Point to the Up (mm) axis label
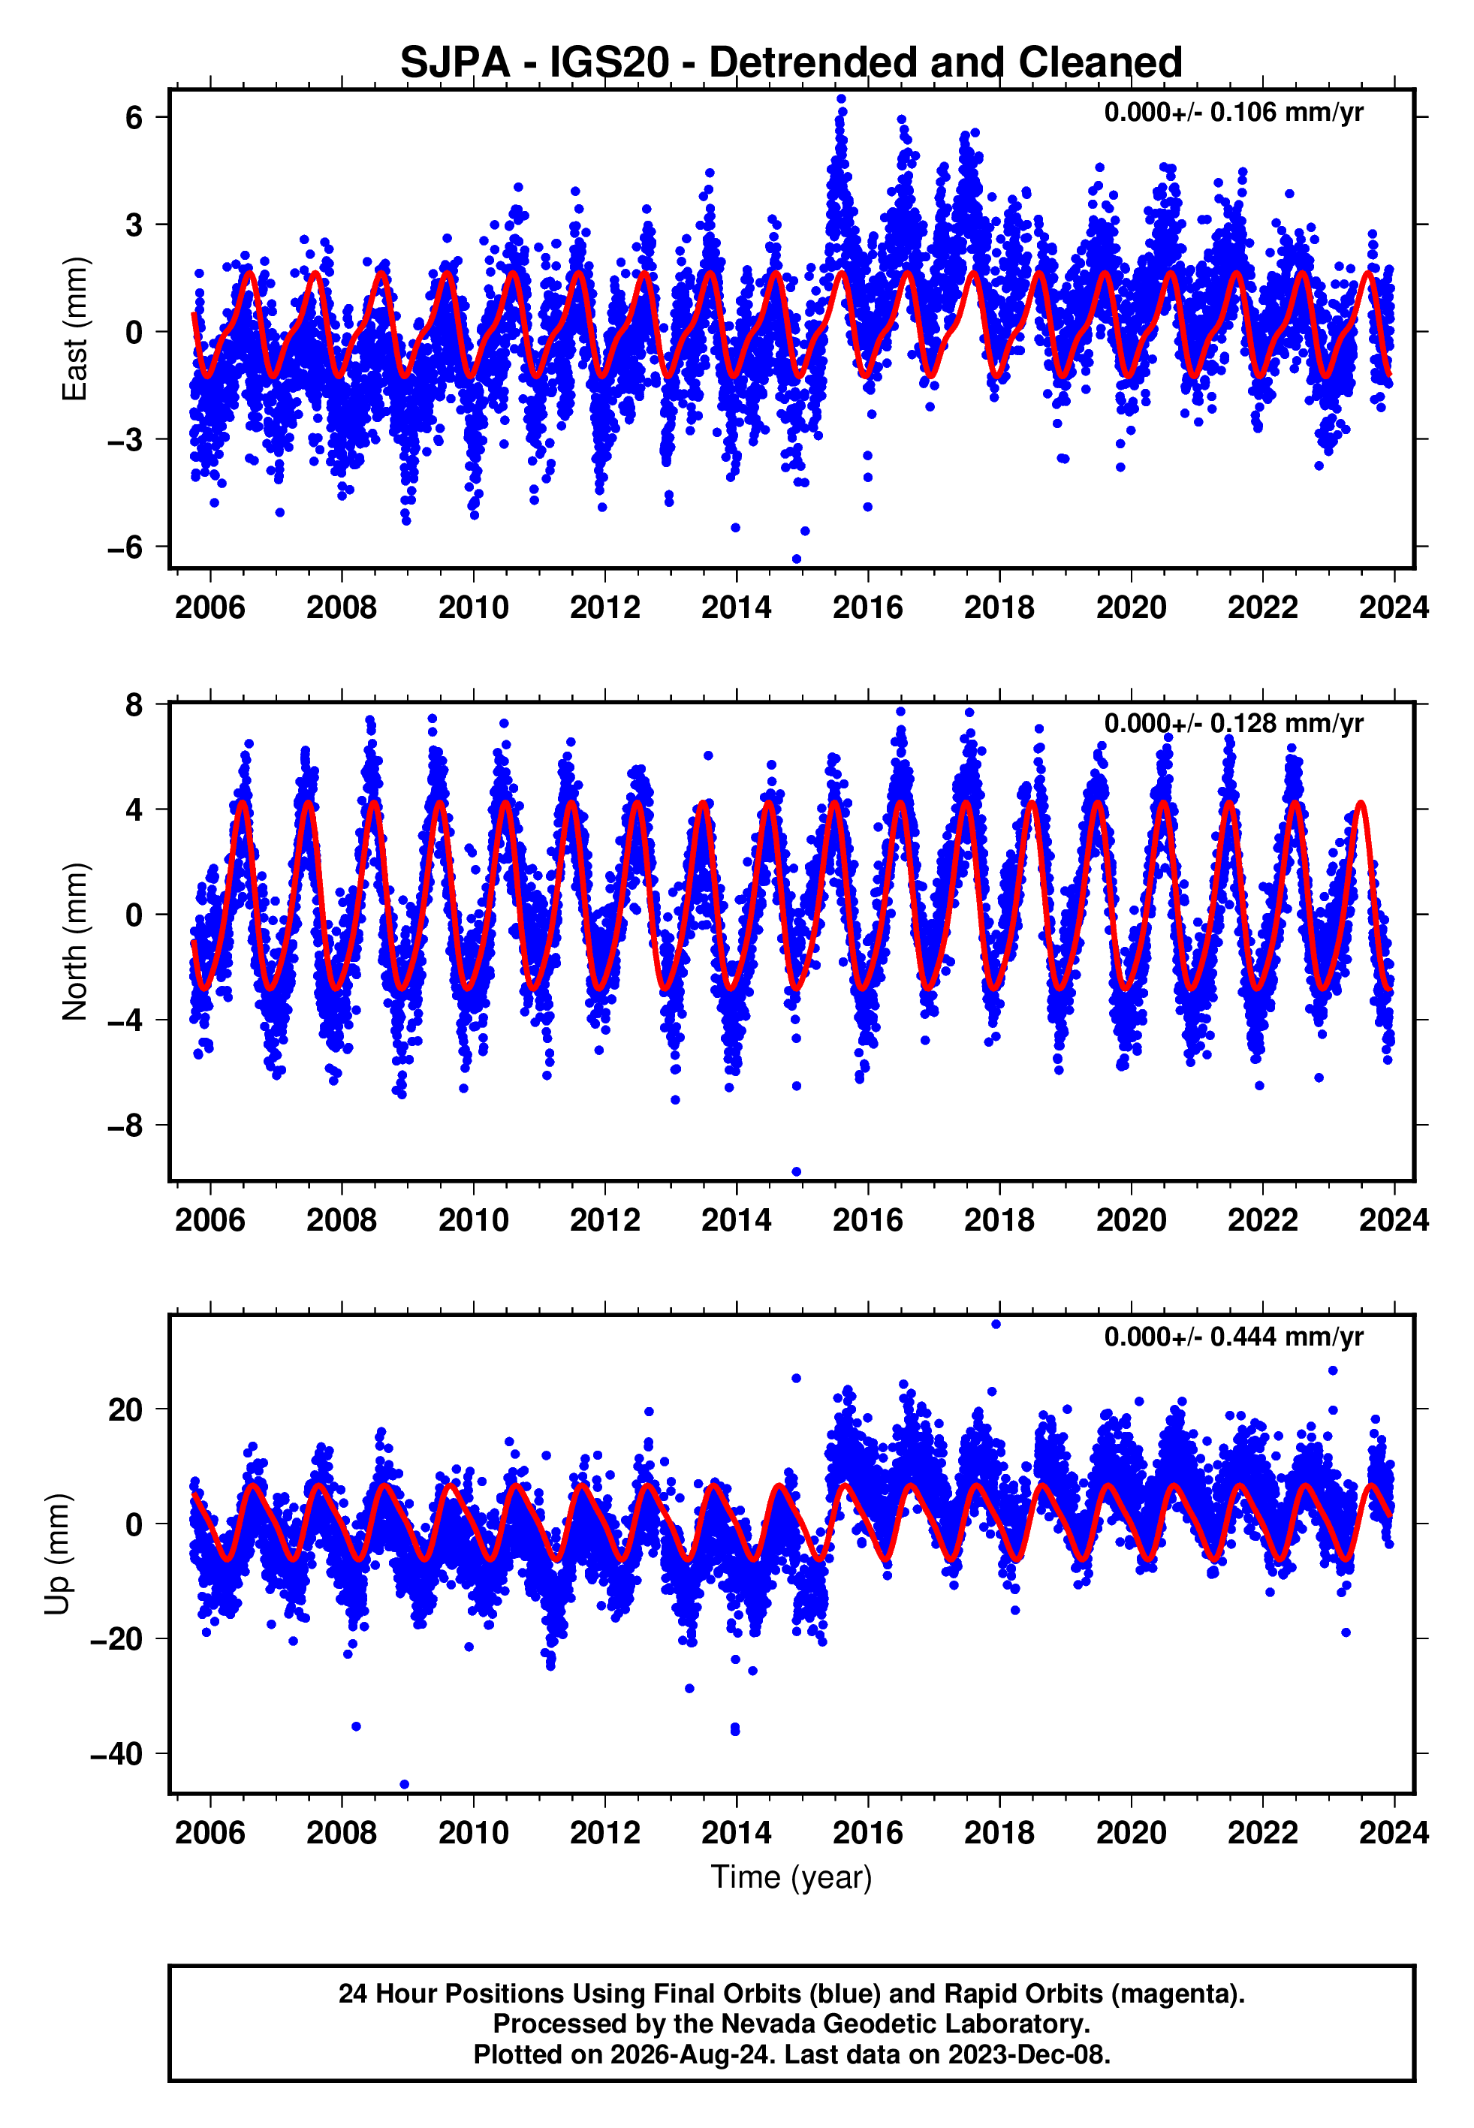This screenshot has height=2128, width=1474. pyautogui.click(x=57, y=1554)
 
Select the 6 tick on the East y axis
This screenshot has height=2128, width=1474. pyautogui.click(x=135, y=117)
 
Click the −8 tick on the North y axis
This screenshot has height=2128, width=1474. pyautogui.click(x=125, y=1126)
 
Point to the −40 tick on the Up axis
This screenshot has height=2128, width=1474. pyautogui.click(x=116, y=1753)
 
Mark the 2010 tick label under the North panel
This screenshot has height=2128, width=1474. pyautogui.click(x=474, y=1220)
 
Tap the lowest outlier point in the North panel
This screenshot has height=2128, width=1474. pyautogui.click(x=796, y=1172)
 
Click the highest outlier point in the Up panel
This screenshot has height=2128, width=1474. pyautogui.click(x=996, y=1325)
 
